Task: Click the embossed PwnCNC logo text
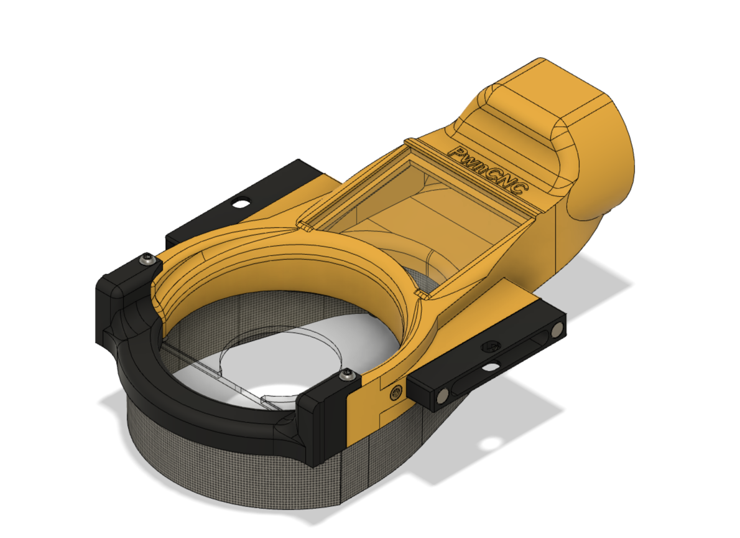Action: (x=489, y=172)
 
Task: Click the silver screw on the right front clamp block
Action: (x=347, y=375)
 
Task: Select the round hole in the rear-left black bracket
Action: (x=239, y=202)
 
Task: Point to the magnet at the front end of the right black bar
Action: (x=442, y=395)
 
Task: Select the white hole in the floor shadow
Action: (x=492, y=444)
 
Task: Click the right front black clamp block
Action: (x=323, y=417)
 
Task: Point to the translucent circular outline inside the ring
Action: (x=280, y=355)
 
